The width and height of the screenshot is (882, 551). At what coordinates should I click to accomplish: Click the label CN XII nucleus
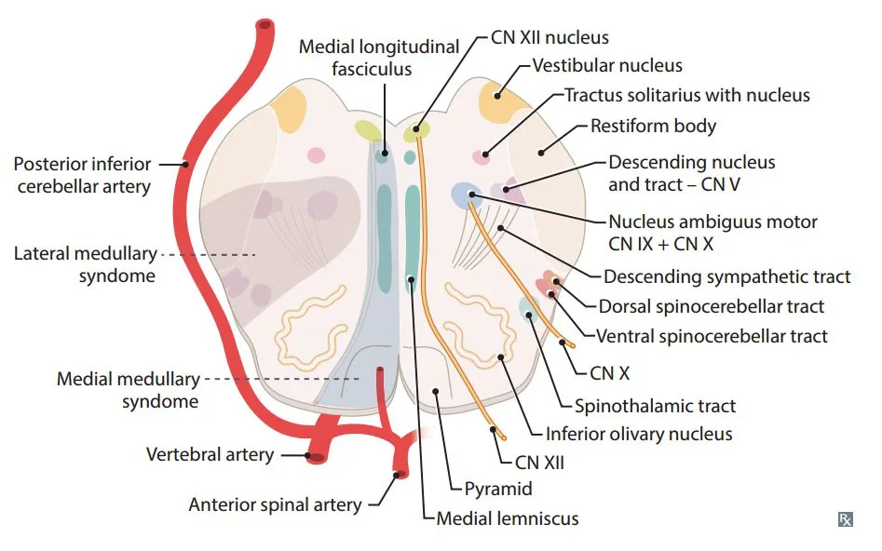[550, 38]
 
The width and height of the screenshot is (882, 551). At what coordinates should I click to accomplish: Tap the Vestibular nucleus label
[607, 66]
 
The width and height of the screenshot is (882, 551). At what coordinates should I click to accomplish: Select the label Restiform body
[653, 125]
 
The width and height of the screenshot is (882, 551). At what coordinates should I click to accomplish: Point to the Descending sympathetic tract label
[726, 276]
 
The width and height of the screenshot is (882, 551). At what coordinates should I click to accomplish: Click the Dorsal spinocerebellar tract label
[712, 305]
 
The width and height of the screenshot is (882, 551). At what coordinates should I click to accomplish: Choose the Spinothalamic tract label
[655, 405]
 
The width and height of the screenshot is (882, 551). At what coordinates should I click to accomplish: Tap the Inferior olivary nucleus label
[639, 434]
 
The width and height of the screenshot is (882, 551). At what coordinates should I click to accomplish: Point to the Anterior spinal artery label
[275, 505]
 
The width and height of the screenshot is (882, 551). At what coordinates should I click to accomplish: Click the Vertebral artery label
[210, 454]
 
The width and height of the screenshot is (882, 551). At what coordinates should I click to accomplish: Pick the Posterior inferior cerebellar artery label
[82, 175]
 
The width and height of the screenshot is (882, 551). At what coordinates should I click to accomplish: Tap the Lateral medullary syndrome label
[85, 263]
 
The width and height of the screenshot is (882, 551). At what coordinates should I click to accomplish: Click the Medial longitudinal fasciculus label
[379, 58]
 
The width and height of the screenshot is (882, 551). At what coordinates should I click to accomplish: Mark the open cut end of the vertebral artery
[317, 456]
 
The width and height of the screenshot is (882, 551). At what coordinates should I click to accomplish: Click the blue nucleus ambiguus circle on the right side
[463, 194]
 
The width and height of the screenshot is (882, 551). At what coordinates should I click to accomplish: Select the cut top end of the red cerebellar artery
[265, 26]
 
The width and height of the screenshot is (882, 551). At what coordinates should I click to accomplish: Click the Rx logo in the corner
[845, 518]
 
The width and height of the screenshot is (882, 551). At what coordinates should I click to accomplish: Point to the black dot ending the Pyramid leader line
[435, 391]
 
